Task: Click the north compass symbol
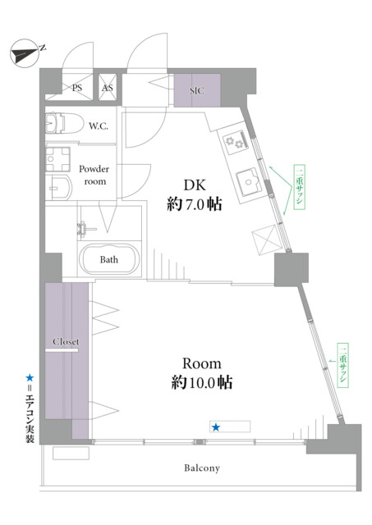pyautogui.click(x=25, y=53)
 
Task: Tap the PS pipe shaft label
pyautogui.click(x=77, y=88)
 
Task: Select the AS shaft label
pyautogui.click(x=108, y=88)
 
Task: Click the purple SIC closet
pyautogui.click(x=197, y=90)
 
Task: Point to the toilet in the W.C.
pyautogui.click(x=64, y=123)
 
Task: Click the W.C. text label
pyautogui.click(x=99, y=126)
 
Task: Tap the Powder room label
pyautogui.click(x=94, y=175)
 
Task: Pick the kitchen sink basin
pyautogui.click(x=249, y=182)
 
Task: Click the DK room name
pyautogui.click(x=195, y=185)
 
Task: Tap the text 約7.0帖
pyautogui.click(x=195, y=204)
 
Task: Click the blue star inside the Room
pyautogui.click(x=216, y=427)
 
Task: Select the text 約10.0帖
pyautogui.click(x=202, y=382)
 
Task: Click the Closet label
pyautogui.click(x=66, y=341)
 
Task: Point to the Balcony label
pyautogui.click(x=202, y=468)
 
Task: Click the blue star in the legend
pyautogui.click(x=30, y=378)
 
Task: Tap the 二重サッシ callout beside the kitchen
pyautogui.click(x=299, y=187)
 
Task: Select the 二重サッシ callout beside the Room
pyautogui.click(x=342, y=365)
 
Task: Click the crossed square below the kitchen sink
pyautogui.click(x=266, y=239)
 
